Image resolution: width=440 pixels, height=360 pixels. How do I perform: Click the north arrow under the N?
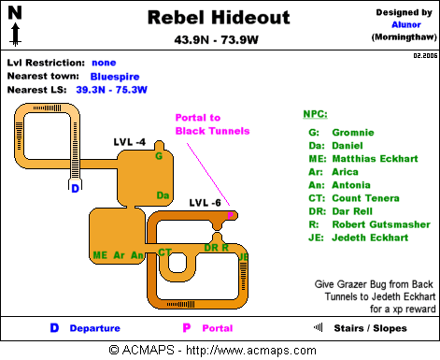(x=15, y=35)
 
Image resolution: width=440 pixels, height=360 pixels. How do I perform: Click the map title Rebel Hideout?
(x=219, y=18)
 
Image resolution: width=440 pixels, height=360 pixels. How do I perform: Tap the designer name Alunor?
(x=406, y=24)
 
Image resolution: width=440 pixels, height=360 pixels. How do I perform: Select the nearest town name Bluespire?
(x=115, y=77)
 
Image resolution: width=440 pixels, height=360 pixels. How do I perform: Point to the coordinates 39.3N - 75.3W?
(x=111, y=90)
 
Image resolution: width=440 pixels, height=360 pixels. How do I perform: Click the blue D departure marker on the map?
(x=75, y=188)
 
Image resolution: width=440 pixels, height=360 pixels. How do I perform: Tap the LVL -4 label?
(x=130, y=142)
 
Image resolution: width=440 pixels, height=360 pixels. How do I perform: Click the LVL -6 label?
(x=205, y=203)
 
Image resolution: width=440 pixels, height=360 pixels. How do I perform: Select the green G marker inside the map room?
(x=159, y=156)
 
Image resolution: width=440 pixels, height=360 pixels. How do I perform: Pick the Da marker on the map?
(x=163, y=195)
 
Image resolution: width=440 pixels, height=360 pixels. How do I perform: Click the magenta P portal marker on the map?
(x=230, y=215)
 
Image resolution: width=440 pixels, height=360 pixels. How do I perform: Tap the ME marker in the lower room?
(x=100, y=255)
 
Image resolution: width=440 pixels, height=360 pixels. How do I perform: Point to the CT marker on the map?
(x=164, y=252)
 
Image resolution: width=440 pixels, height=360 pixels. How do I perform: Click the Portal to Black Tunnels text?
(x=212, y=124)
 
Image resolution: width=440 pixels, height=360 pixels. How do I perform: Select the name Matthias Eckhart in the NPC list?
(x=375, y=159)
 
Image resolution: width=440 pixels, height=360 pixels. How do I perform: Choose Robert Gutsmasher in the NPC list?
(x=381, y=224)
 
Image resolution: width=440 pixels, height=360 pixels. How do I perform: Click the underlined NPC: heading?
(x=315, y=114)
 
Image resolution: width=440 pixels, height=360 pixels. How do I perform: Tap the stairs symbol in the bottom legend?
(x=318, y=327)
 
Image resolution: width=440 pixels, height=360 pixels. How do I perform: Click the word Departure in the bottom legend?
(x=95, y=328)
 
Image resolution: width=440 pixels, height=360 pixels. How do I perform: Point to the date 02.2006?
(x=425, y=56)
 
